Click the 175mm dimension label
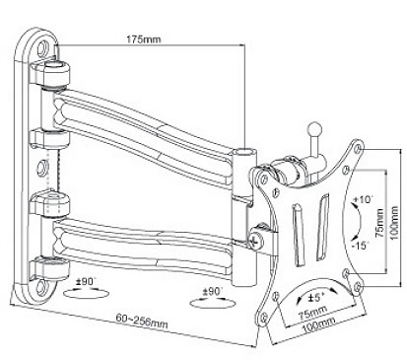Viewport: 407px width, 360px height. click(x=144, y=39)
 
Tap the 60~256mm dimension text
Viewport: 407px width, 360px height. click(x=142, y=321)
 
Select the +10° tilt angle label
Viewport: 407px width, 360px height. click(x=362, y=199)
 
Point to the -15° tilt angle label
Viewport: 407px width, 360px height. click(x=360, y=246)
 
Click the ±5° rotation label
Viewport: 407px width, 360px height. click(x=314, y=298)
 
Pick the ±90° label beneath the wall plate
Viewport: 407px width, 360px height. click(x=87, y=282)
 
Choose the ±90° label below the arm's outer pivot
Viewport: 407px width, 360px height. click(x=213, y=291)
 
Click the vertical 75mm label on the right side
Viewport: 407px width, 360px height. click(x=380, y=223)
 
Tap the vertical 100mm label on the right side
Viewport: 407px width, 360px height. click(x=395, y=223)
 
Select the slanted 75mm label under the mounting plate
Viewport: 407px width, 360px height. click(x=312, y=313)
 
